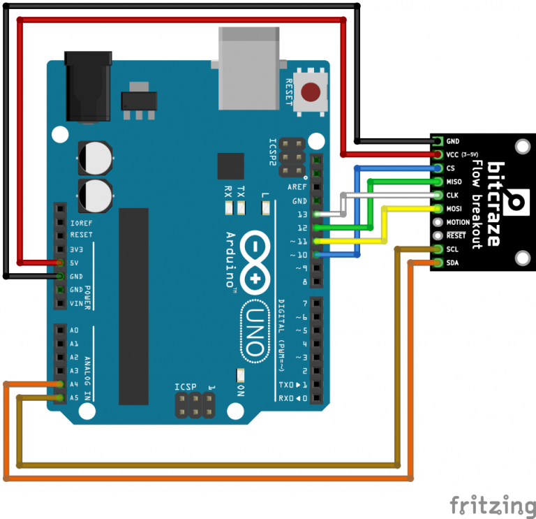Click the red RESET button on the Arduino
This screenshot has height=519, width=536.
point(311,92)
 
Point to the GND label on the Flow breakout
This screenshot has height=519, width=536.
point(452,141)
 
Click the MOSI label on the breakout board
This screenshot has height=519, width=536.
point(454,209)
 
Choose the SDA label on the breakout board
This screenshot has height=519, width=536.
point(452,263)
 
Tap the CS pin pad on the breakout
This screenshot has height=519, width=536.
point(438,168)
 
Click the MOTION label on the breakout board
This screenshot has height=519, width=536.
point(458,222)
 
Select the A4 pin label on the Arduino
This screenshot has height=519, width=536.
point(75,383)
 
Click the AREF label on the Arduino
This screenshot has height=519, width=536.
point(297,187)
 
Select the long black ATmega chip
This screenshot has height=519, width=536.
point(133,307)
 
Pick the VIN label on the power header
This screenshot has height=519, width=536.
point(76,303)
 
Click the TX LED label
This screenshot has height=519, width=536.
point(241,190)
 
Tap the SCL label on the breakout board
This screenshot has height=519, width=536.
point(452,249)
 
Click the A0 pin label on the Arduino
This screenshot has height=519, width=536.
point(75,330)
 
